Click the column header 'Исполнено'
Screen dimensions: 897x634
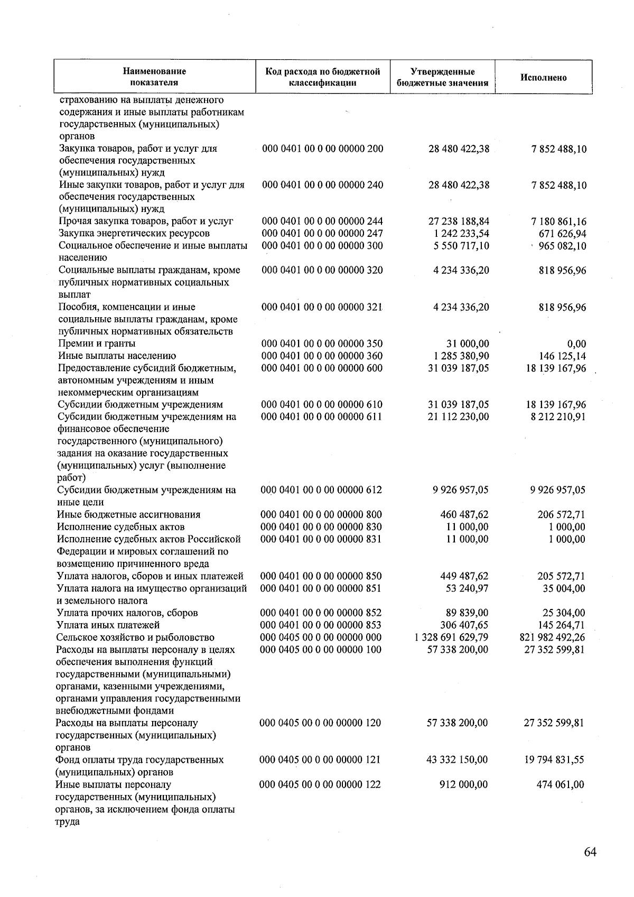pyautogui.click(x=543, y=78)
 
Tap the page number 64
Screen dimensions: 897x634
pyautogui.click(x=590, y=852)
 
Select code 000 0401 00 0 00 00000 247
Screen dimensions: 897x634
pyautogui.click(x=322, y=234)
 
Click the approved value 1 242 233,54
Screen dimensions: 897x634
pyautogui.click(x=459, y=234)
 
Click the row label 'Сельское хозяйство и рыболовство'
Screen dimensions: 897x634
pyautogui.click(x=135, y=637)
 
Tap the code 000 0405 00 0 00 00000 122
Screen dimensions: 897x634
pyautogui.click(x=320, y=784)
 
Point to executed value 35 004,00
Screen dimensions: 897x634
pyautogui.click(x=564, y=589)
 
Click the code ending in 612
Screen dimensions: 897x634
pyautogui.click(x=321, y=490)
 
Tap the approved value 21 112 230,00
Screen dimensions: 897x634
pyautogui.click(x=458, y=417)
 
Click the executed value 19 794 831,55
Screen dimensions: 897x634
pyautogui.click(x=554, y=760)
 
